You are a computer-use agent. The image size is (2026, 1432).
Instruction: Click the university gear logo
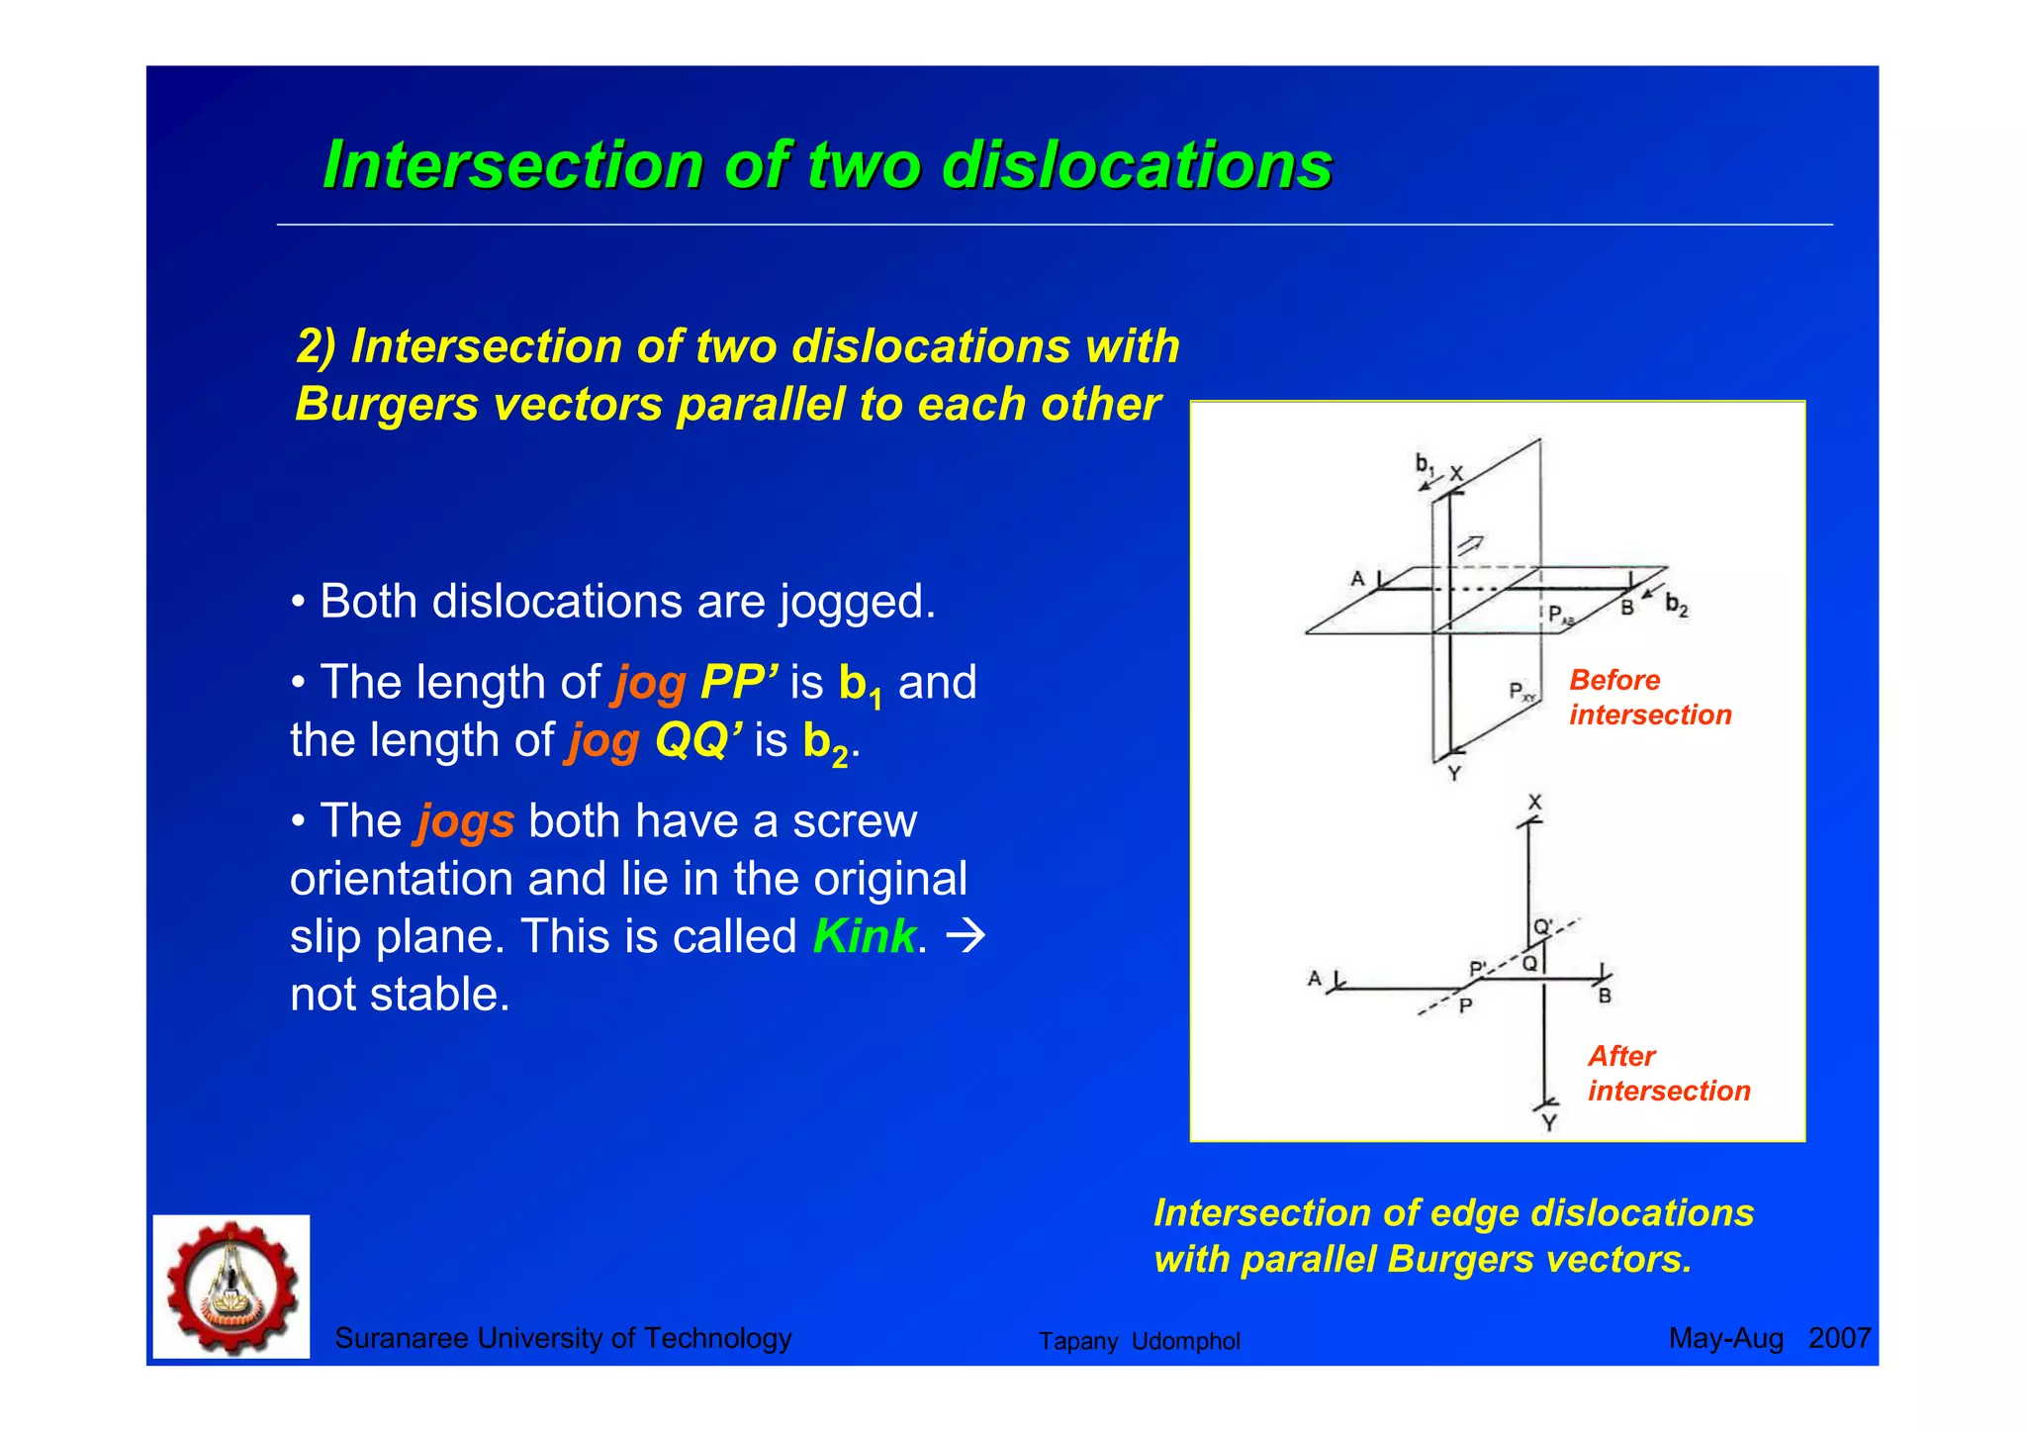click(x=231, y=1287)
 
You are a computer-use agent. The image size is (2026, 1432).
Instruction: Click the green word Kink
click(x=865, y=936)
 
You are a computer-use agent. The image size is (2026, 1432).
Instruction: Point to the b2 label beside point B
click(x=1676, y=604)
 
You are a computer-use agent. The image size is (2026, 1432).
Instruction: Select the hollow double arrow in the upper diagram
click(x=1470, y=544)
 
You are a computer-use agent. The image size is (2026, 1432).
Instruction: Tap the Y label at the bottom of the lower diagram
click(x=1549, y=1123)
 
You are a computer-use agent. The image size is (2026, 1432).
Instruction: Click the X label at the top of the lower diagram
click(x=1534, y=803)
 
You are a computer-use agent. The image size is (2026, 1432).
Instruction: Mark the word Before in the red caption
click(x=1614, y=681)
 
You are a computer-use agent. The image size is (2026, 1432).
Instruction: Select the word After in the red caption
click(x=1621, y=1057)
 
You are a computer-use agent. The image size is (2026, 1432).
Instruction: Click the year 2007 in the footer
click(x=1839, y=1338)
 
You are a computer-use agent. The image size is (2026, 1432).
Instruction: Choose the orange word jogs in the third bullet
click(x=466, y=821)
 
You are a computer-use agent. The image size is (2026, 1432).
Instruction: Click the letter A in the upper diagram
click(x=1357, y=579)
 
